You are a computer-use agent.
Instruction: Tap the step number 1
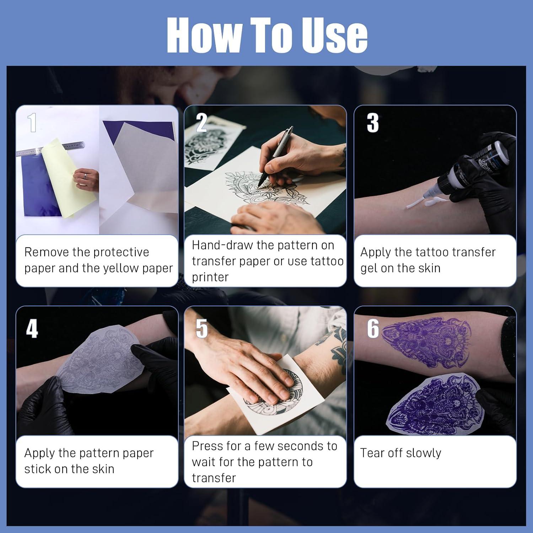pos(32,123)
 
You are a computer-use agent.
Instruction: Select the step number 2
pos(201,123)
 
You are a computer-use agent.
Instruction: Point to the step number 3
pos(372,123)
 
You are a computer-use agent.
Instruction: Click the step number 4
pos(32,329)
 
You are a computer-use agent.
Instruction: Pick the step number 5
pos(201,329)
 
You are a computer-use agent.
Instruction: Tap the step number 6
pos(373,329)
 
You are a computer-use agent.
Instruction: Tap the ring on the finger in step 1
pos(85,176)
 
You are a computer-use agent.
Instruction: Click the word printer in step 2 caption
pos(210,277)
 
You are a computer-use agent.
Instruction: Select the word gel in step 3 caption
pos(369,269)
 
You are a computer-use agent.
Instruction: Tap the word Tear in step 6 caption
pos(372,453)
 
